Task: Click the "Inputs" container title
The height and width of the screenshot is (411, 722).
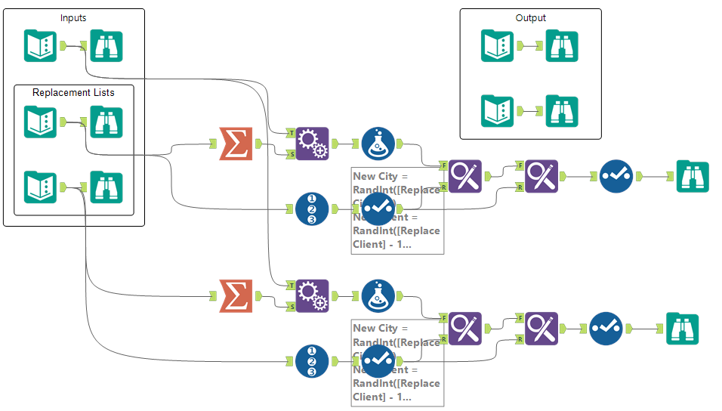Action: point(73,17)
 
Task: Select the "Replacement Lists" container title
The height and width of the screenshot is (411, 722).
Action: point(73,93)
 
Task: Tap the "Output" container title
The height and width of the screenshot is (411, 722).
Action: point(530,17)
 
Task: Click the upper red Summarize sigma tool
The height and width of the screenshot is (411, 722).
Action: point(235,144)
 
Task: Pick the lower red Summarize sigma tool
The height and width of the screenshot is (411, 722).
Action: point(235,295)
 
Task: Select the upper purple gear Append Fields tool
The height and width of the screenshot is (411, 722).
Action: point(312,144)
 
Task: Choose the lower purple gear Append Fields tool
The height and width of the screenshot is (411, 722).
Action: point(312,295)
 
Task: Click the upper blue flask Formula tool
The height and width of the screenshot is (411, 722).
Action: point(378,144)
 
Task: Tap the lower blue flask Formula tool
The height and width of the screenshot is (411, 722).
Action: point(378,295)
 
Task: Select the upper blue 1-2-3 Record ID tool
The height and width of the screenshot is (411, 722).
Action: point(311,209)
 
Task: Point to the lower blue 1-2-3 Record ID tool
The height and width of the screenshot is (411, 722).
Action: point(311,360)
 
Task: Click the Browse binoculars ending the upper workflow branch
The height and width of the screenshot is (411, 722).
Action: point(692,177)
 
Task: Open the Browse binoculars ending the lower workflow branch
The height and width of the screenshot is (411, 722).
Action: point(682,329)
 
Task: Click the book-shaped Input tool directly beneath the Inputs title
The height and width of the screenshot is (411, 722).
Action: point(40,45)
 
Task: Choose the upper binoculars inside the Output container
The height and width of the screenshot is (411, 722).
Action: point(561,46)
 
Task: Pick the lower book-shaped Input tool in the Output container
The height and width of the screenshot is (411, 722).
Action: point(497,111)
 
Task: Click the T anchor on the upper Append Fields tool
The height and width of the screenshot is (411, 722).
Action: point(291,132)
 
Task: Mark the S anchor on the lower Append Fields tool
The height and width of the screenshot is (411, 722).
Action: point(291,306)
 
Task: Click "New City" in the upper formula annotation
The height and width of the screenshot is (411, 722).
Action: point(375,176)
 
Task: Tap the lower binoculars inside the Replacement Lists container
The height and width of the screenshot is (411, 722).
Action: point(106,187)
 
